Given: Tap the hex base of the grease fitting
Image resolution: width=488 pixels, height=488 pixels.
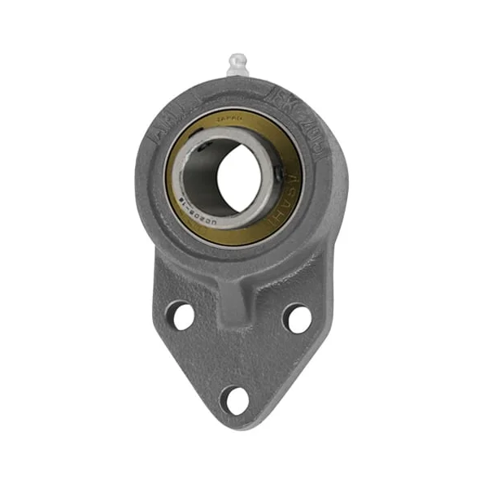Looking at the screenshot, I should (x=237, y=74).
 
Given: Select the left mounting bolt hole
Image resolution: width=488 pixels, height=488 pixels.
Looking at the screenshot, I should (x=181, y=315).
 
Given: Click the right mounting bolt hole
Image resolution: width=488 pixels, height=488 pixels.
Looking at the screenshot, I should (x=298, y=318).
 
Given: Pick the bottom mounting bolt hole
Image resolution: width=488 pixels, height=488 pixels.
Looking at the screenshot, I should (x=237, y=399).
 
